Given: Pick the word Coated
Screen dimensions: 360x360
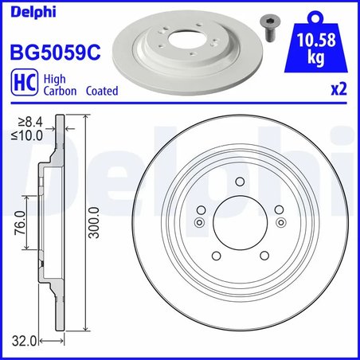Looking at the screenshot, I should pyautogui.click(x=102, y=91).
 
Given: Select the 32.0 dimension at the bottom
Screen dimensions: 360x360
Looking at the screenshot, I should pyautogui.click(x=25, y=341).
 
